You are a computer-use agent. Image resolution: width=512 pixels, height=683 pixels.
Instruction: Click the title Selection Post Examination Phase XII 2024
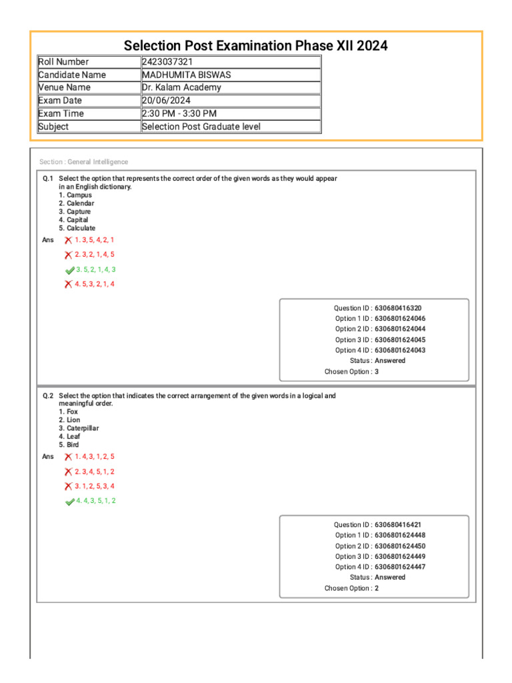(256, 46)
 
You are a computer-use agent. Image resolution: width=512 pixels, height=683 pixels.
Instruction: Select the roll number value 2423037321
(168, 62)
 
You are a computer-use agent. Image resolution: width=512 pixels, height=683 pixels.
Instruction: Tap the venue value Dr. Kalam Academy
(181, 87)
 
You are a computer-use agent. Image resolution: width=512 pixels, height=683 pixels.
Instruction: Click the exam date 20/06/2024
(166, 101)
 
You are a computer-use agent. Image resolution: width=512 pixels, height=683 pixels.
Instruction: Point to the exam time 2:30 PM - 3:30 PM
(179, 113)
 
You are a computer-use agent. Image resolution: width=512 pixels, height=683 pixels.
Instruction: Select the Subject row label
(54, 127)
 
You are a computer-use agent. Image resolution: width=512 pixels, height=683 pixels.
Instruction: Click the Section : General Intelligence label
(84, 162)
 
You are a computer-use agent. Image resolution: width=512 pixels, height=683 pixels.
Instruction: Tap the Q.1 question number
(47, 179)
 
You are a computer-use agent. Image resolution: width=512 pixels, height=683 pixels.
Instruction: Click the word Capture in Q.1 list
(79, 211)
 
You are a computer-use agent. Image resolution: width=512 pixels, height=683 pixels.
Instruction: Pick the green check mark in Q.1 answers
(69, 270)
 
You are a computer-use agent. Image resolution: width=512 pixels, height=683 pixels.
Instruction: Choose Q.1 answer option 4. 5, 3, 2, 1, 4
(95, 284)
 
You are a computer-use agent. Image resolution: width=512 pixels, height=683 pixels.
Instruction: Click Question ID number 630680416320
(398, 308)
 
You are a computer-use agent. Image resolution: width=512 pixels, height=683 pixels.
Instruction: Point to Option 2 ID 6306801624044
(400, 329)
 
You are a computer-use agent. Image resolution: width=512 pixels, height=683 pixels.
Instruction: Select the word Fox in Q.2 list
(72, 412)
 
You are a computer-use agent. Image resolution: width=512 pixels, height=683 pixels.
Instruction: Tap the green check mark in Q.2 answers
(69, 502)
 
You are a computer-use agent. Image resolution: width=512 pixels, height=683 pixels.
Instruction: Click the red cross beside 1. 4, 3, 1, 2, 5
(68, 457)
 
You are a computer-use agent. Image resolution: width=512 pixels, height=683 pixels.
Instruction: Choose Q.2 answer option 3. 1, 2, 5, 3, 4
(95, 486)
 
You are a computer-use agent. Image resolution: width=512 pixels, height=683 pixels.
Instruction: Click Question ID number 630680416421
(398, 525)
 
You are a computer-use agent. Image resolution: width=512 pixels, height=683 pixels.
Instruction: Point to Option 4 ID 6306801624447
(400, 567)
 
